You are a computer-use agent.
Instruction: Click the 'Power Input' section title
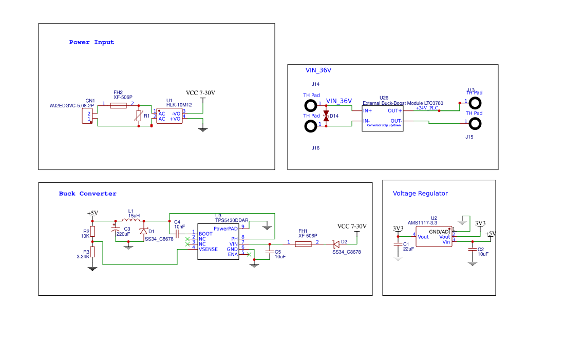(x=91, y=42)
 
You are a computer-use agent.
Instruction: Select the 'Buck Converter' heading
(x=87, y=194)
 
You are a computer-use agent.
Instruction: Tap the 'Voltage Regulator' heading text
(x=420, y=194)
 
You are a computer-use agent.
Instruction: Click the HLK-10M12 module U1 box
(x=169, y=116)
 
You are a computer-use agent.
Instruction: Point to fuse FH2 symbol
(x=119, y=105)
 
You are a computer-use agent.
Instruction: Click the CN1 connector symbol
(x=88, y=117)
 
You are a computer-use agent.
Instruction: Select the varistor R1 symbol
(x=138, y=116)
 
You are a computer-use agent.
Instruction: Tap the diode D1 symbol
(x=143, y=232)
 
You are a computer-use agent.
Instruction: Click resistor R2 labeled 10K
(x=92, y=231)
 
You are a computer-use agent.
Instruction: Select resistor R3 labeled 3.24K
(x=92, y=252)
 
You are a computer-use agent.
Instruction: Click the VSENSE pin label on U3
(x=208, y=249)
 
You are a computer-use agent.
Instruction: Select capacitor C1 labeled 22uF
(x=398, y=245)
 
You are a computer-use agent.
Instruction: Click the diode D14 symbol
(x=326, y=116)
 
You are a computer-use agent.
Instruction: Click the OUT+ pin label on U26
(x=394, y=110)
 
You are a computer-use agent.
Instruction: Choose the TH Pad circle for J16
(x=311, y=126)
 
